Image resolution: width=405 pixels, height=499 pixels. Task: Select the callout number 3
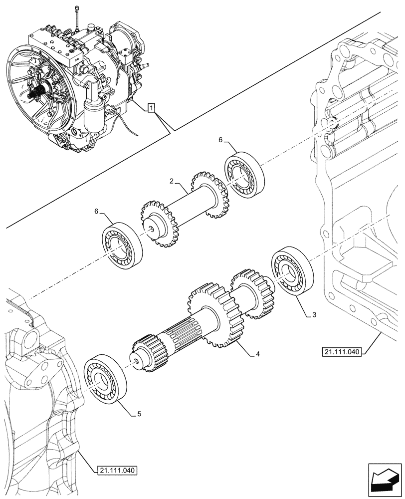click(x=314, y=315)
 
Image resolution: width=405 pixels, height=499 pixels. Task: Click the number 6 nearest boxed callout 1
click(x=220, y=141)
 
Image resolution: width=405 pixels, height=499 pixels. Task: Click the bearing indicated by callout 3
click(x=292, y=274)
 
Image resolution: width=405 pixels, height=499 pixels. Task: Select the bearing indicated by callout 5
click(x=105, y=379)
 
